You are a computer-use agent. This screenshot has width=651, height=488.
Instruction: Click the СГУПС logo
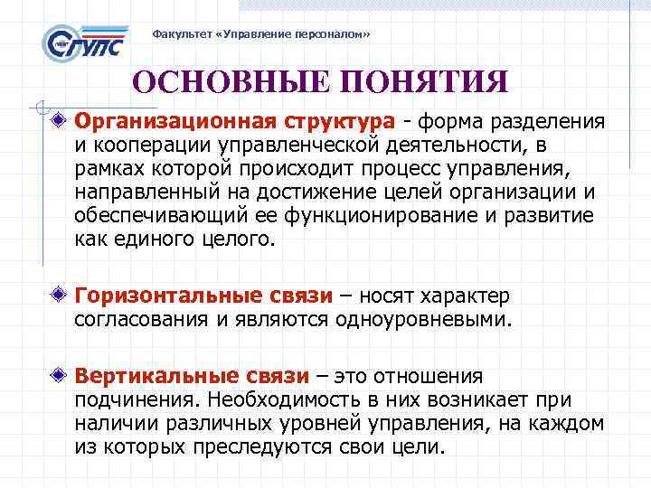click(x=86, y=42)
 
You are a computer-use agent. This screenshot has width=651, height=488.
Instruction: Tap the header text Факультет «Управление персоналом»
click(x=261, y=33)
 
